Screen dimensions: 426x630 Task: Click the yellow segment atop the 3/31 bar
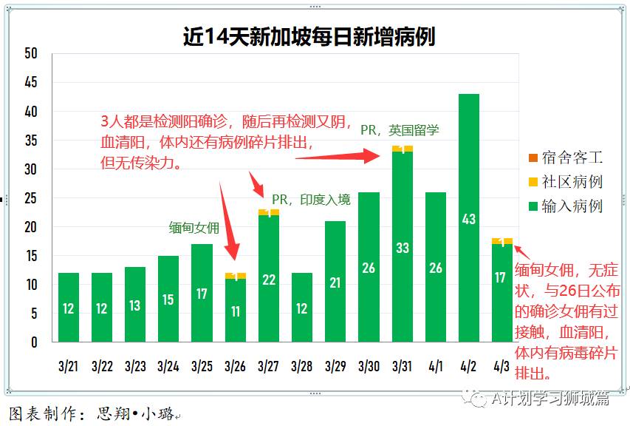(402, 149)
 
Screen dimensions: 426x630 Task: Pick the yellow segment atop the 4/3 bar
(501, 241)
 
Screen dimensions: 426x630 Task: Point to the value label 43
(468, 220)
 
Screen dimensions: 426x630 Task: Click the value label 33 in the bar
(402, 248)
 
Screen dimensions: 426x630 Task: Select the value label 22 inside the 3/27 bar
(268, 280)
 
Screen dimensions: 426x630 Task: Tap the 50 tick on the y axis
(30, 54)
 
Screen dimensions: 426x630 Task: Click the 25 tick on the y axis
(30, 198)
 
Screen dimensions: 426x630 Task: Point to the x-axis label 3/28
(301, 366)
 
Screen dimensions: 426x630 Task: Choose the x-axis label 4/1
(435, 366)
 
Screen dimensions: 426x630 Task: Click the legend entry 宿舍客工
(572, 158)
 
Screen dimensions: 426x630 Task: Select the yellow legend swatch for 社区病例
(533, 182)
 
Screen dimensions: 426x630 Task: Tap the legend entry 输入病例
(572, 206)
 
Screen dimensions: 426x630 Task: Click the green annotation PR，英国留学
(400, 130)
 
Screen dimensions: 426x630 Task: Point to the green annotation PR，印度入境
(311, 200)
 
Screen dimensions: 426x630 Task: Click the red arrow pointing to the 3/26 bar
(229, 222)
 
